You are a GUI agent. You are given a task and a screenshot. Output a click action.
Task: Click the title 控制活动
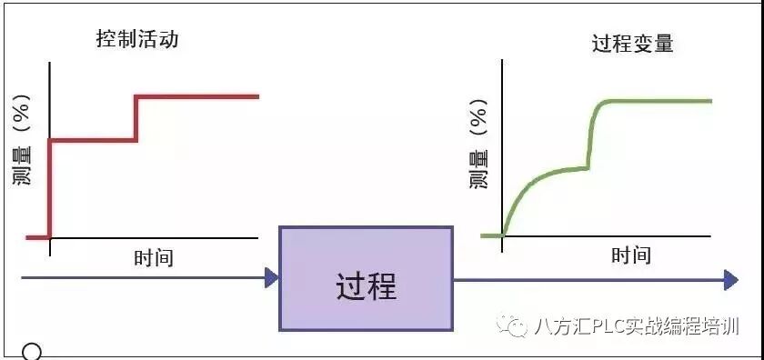point(136,40)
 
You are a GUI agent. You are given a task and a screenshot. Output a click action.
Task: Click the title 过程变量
point(633,44)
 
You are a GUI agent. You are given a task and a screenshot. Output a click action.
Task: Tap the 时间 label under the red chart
point(153,257)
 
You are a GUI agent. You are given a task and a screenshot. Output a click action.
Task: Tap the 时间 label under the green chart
point(631,255)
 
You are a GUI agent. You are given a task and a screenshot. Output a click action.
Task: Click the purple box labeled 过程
point(366,278)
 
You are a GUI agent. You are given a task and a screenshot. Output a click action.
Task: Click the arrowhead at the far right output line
point(730,280)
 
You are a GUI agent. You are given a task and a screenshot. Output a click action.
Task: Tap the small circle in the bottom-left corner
point(32,352)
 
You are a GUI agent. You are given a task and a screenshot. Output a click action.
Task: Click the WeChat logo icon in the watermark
point(517,326)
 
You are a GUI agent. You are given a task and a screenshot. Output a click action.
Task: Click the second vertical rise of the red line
point(136,118)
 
